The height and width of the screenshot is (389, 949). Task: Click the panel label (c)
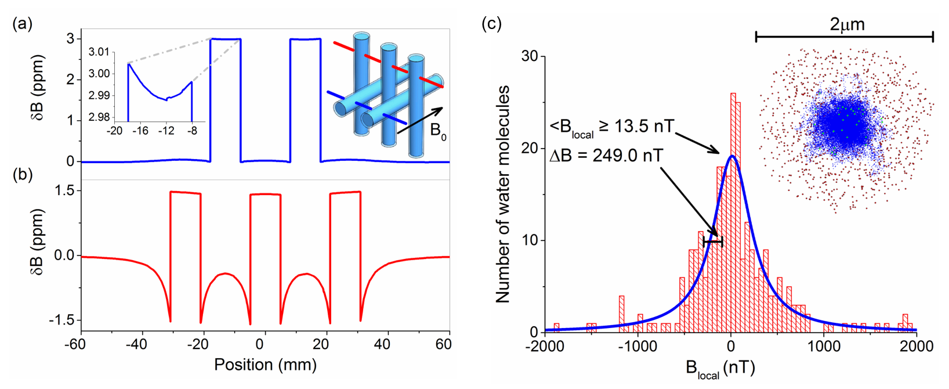coord(491,24)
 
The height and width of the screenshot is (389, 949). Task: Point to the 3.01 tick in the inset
coord(99,52)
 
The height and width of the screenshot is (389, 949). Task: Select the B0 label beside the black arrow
coord(439,131)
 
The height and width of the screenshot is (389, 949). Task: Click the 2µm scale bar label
coord(846,24)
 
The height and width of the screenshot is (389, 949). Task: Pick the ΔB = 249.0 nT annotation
coord(606,156)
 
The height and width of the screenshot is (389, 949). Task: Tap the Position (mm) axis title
coord(265,365)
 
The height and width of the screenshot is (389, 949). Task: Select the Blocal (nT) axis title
coord(720,369)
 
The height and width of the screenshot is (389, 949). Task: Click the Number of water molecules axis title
coord(502,194)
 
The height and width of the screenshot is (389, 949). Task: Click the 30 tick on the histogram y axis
coord(530,56)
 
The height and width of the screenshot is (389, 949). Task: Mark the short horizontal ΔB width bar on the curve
coord(713,242)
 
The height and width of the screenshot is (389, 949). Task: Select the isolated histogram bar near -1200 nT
coord(621,314)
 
